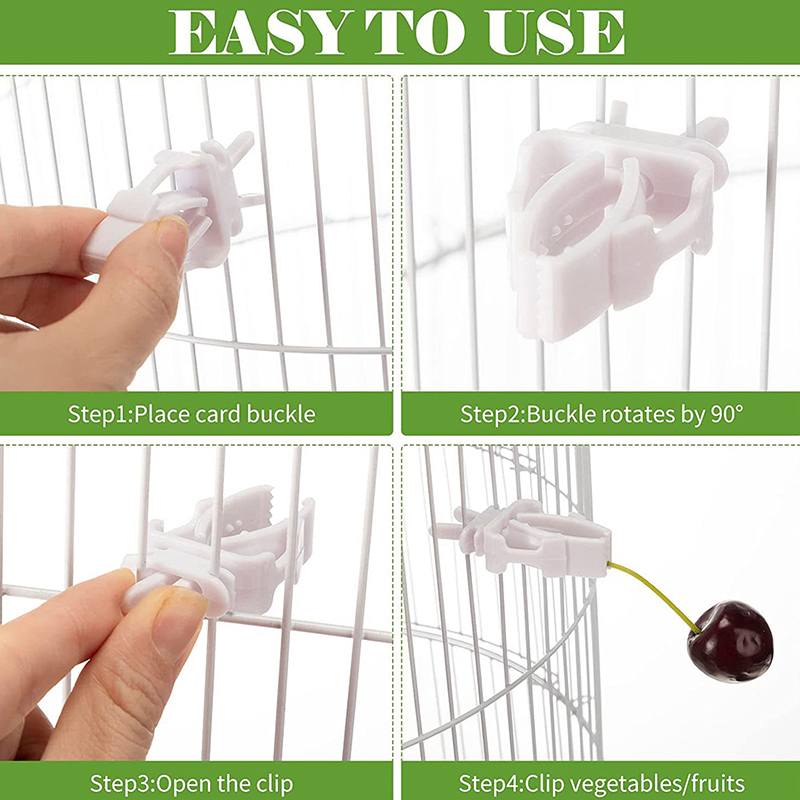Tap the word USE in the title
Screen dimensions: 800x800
pyautogui.click(x=556, y=32)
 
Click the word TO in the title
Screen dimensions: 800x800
pyautogui.click(x=415, y=32)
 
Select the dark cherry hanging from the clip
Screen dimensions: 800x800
pyautogui.click(x=730, y=641)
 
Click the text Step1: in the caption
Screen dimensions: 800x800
pyautogui.click(x=101, y=414)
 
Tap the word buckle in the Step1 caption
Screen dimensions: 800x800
pyautogui.click(x=281, y=413)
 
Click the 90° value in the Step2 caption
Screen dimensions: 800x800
pyautogui.click(x=727, y=414)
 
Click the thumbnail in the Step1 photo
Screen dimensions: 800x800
pyautogui.click(x=172, y=236)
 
